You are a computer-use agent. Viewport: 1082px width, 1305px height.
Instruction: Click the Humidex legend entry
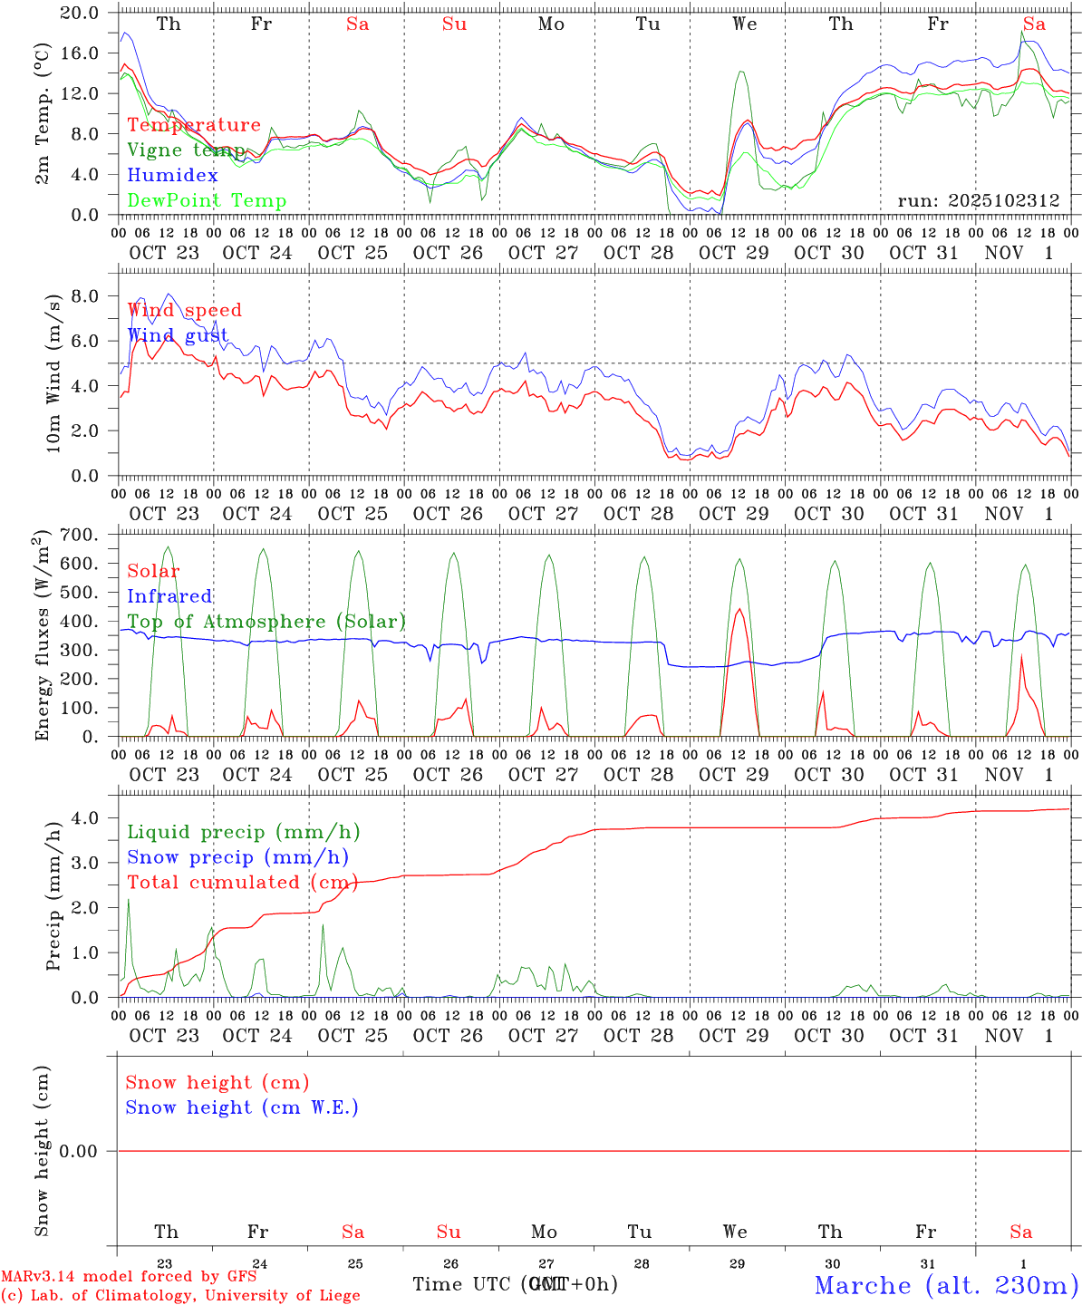pos(172,176)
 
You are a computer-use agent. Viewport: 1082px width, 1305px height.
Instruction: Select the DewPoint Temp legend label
pos(207,201)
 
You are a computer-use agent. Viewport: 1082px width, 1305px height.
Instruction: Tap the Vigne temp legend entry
pos(186,150)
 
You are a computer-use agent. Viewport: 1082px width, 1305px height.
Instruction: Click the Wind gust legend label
pos(178,336)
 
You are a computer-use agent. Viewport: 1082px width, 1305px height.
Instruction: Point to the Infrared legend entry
pos(169,596)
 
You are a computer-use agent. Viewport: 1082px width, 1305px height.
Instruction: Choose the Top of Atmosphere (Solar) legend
pos(266,622)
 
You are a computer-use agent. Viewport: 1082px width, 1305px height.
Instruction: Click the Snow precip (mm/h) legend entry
pos(237,857)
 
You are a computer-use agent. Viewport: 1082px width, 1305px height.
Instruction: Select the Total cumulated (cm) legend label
pos(240,883)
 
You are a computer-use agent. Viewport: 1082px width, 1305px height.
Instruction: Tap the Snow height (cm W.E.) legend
pos(242,1107)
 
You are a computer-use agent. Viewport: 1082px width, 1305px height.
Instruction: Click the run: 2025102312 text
pos(978,201)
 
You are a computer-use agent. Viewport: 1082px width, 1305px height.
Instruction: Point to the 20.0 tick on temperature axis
pos(80,14)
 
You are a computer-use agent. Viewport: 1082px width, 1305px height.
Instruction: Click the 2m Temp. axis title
pos(43,113)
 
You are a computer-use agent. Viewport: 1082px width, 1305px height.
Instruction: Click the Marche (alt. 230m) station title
pos(946,1285)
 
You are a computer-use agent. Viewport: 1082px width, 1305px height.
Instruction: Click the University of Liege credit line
pos(180,1296)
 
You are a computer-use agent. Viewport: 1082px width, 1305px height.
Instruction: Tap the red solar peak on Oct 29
pos(739,610)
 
